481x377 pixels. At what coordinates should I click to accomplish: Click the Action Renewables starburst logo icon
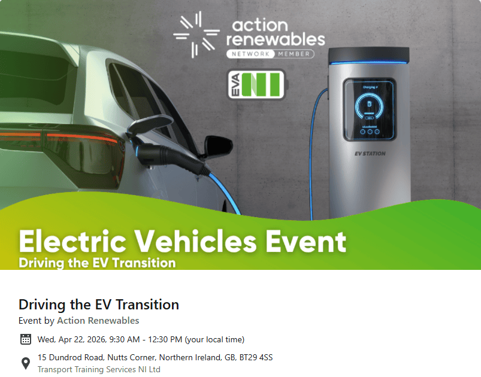(x=196, y=34)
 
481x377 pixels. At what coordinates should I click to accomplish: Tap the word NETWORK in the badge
(x=250, y=54)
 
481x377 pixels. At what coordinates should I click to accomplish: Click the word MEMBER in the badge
(x=294, y=54)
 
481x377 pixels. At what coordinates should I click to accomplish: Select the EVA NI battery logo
(x=256, y=84)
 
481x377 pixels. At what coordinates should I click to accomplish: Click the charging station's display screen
(x=370, y=110)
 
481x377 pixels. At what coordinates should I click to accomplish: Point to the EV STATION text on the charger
(x=370, y=154)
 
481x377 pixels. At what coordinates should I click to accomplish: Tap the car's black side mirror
(x=218, y=145)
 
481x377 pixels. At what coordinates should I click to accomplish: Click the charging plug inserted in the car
(x=169, y=156)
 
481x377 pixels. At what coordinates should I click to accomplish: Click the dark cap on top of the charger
(x=369, y=55)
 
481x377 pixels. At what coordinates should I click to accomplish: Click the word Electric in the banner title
(x=72, y=241)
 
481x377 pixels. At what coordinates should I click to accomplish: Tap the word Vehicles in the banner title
(x=195, y=241)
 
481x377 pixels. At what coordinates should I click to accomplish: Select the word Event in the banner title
(x=306, y=241)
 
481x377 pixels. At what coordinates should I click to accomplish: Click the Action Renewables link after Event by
(x=98, y=321)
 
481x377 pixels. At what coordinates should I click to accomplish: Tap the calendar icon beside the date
(x=26, y=339)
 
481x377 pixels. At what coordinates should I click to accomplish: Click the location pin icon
(x=26, y=363)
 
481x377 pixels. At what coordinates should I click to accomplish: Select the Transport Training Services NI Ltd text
(x=99, y=369)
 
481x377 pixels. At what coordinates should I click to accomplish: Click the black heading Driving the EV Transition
(x=99, y=305)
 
